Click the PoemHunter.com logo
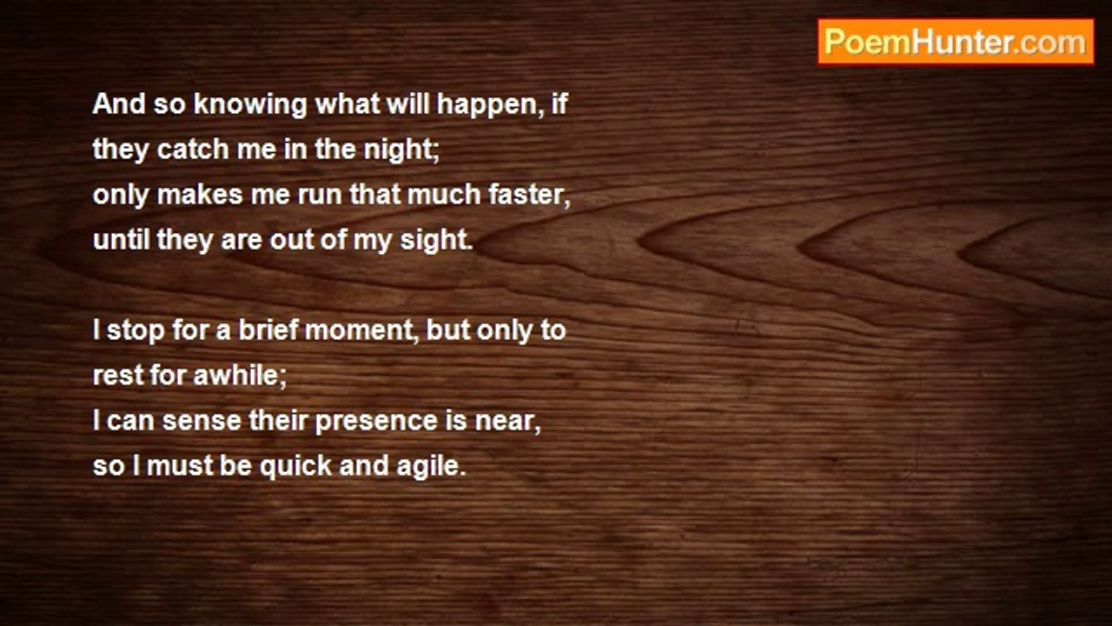956,43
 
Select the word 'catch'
193,149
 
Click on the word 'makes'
200,194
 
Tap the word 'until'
121,239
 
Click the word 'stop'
136,331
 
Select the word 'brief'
268,330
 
